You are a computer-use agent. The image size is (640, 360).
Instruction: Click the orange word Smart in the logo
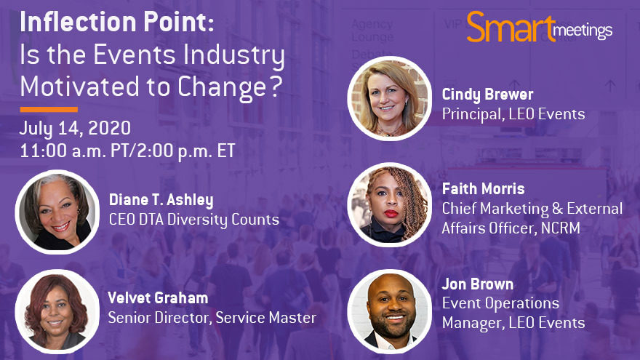click(x=511, y=28)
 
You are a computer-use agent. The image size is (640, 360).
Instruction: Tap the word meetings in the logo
click(x=583, y=31)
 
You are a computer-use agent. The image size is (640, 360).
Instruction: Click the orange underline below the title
click(x=49, y=109)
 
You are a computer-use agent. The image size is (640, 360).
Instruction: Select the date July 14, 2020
click(x=75, y=129)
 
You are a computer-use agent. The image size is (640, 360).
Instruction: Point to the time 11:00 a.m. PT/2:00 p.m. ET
click(x=128, y=151)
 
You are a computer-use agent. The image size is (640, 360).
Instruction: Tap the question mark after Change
click(x=276, y=86)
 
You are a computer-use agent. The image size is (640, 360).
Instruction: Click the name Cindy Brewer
click(x=487, y=95)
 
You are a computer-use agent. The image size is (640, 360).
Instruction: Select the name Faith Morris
click(x=483, y=188)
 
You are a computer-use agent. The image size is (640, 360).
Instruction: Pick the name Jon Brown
click(x=478, y=284)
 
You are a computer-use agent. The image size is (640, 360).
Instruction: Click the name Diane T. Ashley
click(x=161, y=200)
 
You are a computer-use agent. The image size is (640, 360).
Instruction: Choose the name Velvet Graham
click(x=158, y=298)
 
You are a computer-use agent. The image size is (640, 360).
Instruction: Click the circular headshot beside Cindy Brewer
click(x=389, y=98)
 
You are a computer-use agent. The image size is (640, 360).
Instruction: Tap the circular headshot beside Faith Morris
click(x=389, y=205)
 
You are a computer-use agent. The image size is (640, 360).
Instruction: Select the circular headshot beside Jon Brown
click(x=389, y=311)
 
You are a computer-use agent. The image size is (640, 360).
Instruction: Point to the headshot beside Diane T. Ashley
click(x=57, y=212)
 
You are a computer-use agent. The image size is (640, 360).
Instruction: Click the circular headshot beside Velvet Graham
click(x=57, y=311)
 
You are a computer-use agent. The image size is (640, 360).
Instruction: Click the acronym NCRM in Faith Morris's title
click(x=561, y=228)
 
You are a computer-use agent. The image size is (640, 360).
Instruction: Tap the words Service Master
click(x=265, y=318)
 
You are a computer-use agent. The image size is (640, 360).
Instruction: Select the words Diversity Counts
click(x=223, y=220)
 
